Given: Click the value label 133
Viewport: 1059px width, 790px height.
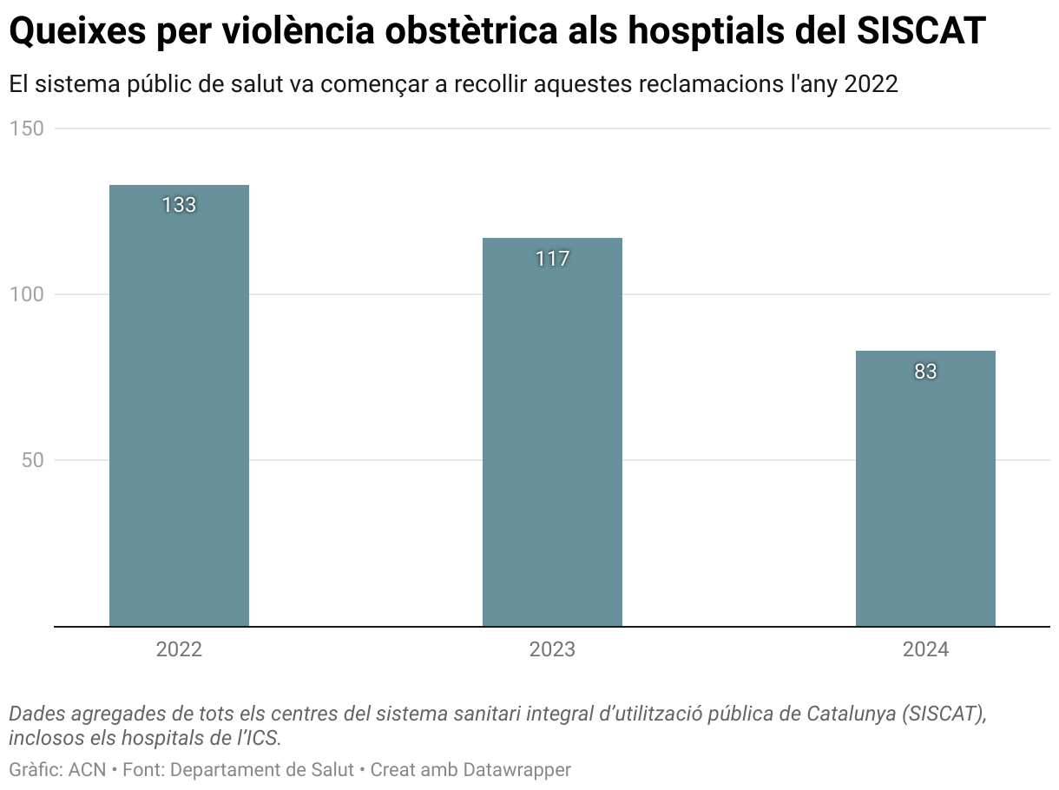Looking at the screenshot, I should [x=179, y=206].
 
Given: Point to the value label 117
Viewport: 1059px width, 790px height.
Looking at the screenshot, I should [x=552, y=259].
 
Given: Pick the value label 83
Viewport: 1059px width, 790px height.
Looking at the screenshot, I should [x=925, y=372].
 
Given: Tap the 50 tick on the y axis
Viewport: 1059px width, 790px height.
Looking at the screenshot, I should [x=32, y=460].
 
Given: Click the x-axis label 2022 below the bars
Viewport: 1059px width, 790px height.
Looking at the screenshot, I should [x=179, y=649].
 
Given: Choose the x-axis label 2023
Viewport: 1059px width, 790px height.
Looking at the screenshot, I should [x=552, y=649].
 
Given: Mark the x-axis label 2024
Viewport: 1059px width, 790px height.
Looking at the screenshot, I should [x=925, y=649].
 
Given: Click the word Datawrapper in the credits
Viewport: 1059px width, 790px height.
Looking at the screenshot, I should [x=516, y=770].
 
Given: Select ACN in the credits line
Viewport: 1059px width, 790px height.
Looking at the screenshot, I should [x=88, y=770].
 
